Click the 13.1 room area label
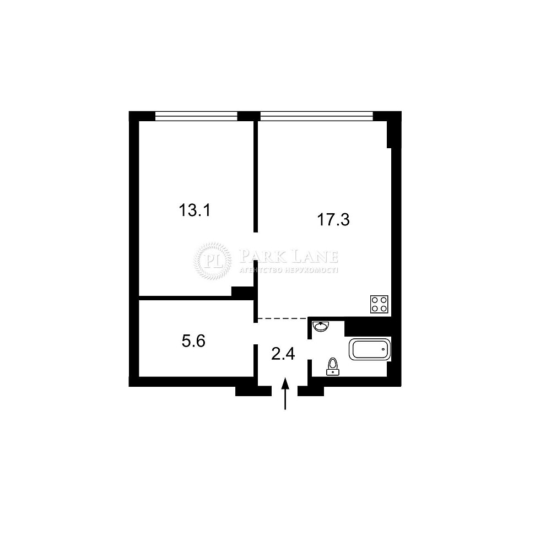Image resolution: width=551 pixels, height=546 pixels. tap(195, 210)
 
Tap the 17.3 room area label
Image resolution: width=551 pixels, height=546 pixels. tap(333, 220)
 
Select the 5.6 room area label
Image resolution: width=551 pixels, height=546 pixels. tap(193, 341)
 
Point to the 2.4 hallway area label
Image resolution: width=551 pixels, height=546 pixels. tap(283, 354)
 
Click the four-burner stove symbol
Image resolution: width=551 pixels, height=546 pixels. tap(379, 304)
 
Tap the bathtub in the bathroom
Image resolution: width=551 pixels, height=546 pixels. tap(370, 349)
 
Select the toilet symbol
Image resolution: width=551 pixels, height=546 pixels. tap(332, 367)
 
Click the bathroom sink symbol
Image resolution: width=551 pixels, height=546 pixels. tap(321, 326)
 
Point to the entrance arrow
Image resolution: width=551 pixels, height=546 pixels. tap(285, 393)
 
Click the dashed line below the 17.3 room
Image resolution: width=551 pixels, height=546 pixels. tap(283, 318)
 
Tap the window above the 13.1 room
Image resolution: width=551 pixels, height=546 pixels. tap(197, 116)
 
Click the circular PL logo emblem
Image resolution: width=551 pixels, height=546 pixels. tap(213, 261)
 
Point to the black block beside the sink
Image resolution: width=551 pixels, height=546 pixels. tap(368, 327)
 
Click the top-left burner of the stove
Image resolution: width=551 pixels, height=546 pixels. tap(375, 300)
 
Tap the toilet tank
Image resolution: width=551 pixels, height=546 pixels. tap(332, 372)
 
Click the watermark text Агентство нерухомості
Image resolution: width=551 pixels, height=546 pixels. tap(289, 270)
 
